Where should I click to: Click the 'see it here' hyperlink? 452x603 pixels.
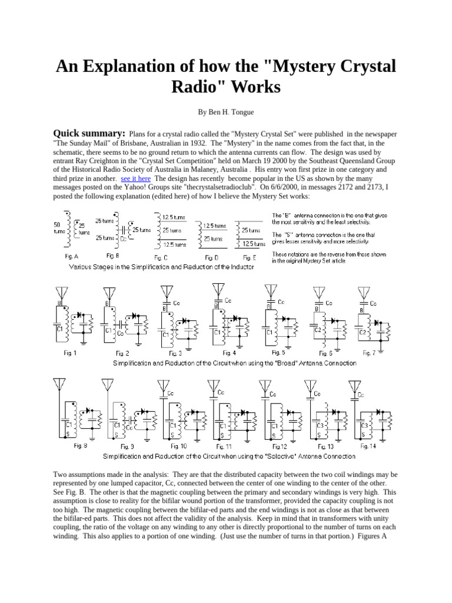136,178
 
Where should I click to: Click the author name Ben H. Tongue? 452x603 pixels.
226,111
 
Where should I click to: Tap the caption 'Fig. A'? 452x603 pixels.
72,257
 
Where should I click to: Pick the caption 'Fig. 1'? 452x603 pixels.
70,353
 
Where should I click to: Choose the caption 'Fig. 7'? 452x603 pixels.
370,353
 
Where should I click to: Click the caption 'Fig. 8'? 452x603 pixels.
81,446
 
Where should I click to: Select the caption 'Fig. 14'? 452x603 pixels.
368,446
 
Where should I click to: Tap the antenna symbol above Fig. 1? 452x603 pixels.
60,292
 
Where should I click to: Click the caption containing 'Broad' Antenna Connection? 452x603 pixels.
235,363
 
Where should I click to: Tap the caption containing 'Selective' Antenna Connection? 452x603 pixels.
229,456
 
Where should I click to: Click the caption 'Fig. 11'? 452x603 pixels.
225,446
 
